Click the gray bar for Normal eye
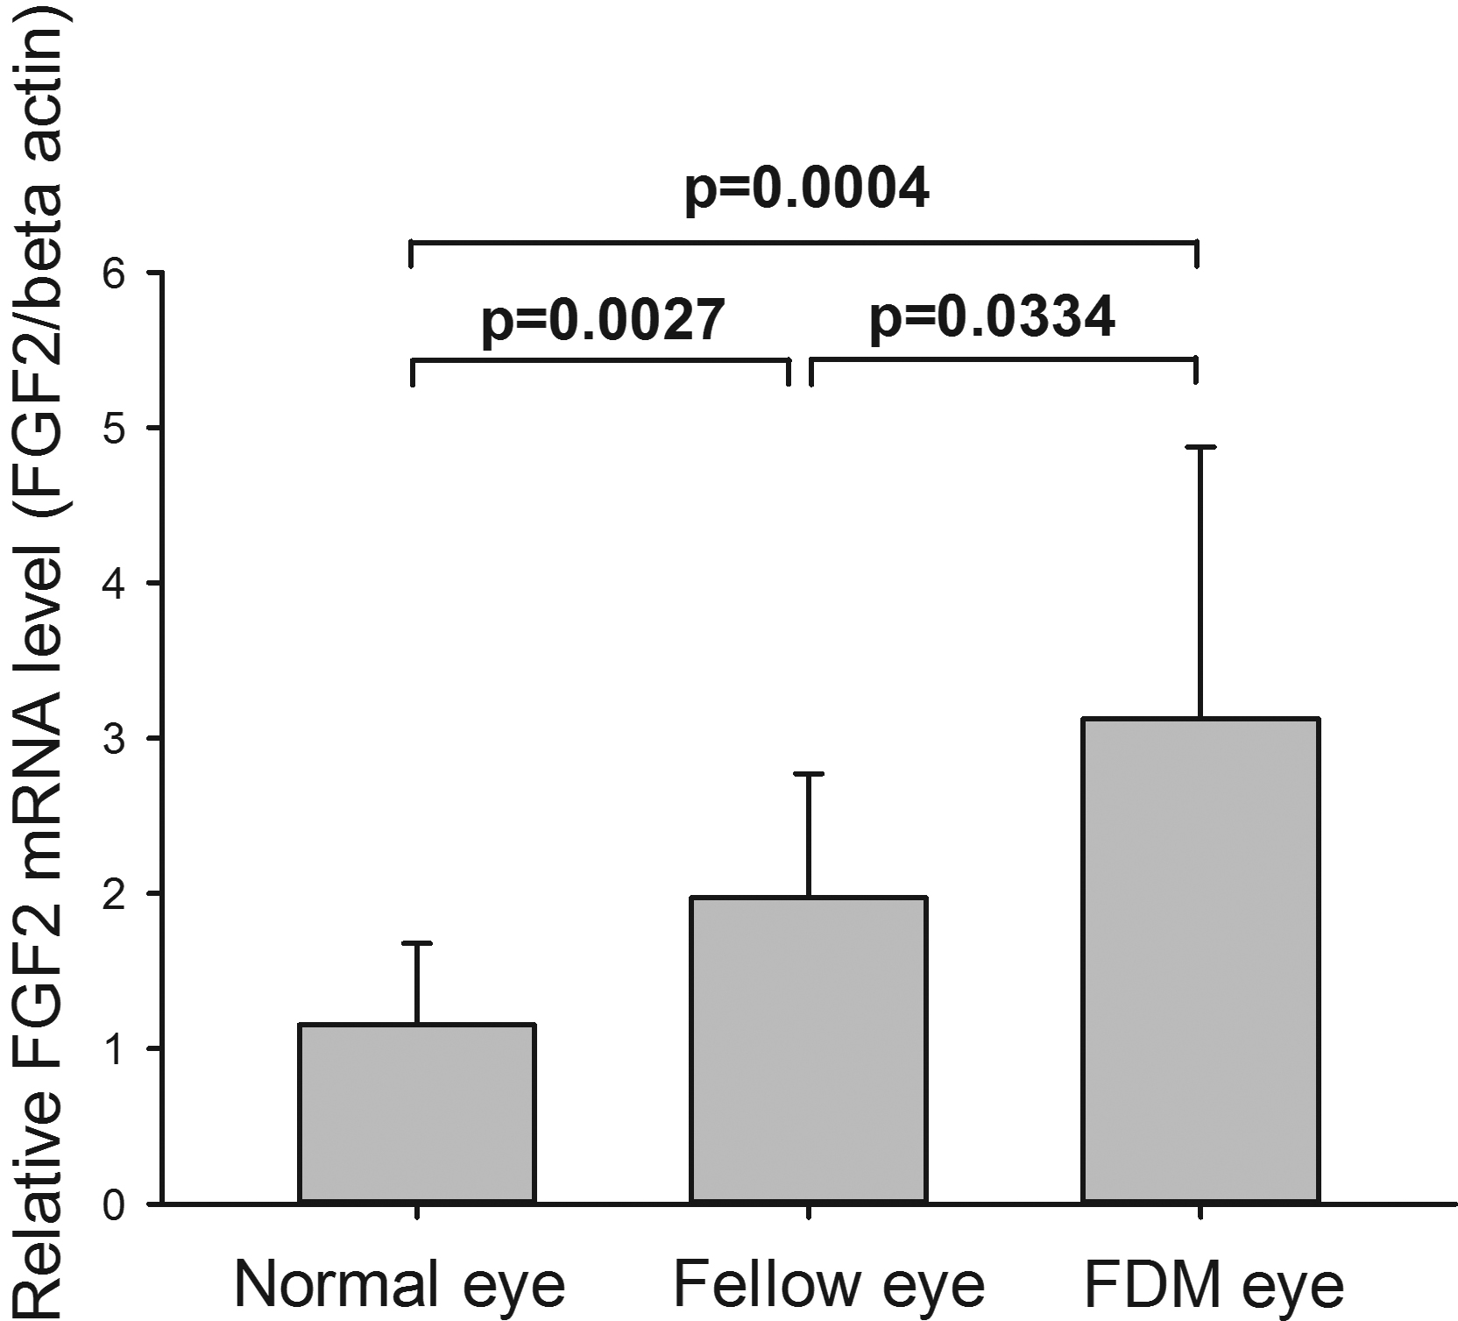pyautogui.click(x=417, y=1113)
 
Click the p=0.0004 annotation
pyautogui.click(x=806, y=189)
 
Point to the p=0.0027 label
pyautogui.click(x=604, y=321)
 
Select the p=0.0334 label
pyautogui.click(x=992, y=318)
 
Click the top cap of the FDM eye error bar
pyautogui.click(x=1200, y=448)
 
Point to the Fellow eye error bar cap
pyautogui.click(x=809, y=775)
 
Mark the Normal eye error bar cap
pyautogui.click(x=417, y=944)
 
